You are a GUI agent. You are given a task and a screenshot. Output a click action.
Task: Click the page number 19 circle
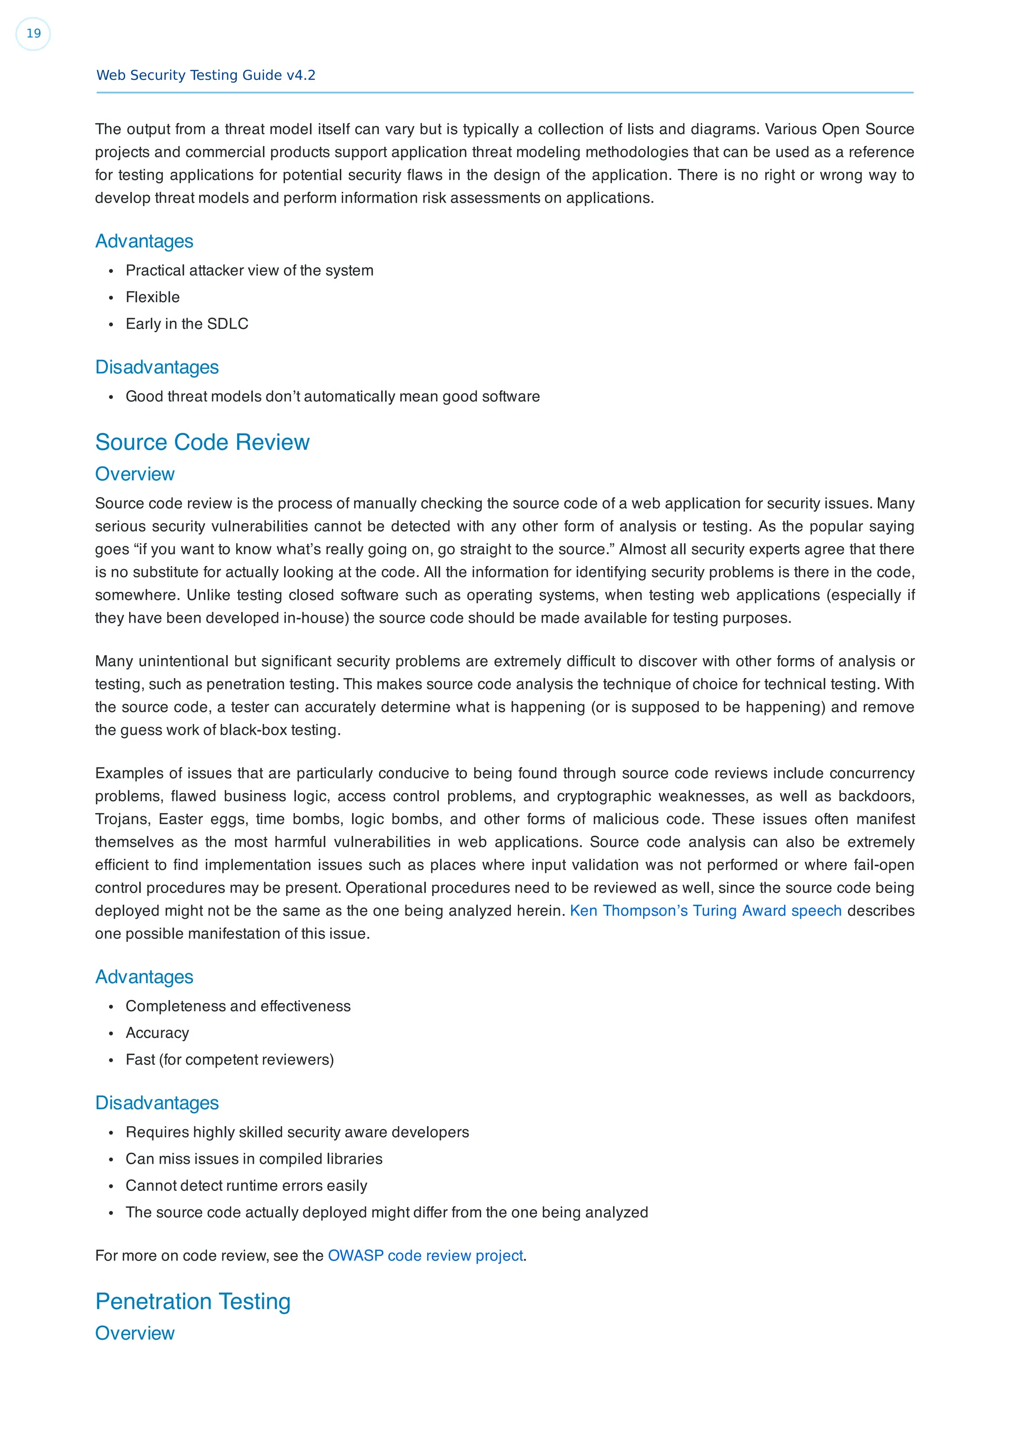(x=33, y=34)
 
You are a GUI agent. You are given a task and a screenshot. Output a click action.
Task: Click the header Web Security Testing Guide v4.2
(x=206, y=75)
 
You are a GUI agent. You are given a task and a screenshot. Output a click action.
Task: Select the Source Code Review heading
(x=202, y=442)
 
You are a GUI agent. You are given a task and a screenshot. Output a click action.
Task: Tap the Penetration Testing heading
(x=193, y=1301)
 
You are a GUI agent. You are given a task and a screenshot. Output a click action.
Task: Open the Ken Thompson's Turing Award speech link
(x=705, y=911)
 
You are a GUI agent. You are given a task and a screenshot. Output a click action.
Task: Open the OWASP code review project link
(x=425, y=1255)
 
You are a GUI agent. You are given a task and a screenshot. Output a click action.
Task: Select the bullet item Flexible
(x=152, y=297)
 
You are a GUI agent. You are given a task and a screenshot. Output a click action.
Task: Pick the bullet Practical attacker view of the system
(x=249, y=270)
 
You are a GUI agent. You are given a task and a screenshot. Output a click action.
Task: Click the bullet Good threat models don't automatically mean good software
(x=332, y=396)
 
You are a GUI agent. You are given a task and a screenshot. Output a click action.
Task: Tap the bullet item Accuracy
(x=157, y=1033)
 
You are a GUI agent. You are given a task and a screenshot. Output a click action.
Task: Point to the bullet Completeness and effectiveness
(x=238, y=1006)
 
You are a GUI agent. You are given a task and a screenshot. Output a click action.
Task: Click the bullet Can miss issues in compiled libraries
(x=254, y=1158)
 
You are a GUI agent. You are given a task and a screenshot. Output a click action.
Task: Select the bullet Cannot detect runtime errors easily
(x=246, y=1185)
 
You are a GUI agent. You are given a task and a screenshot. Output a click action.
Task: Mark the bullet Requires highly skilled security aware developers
(x=297, y=1132)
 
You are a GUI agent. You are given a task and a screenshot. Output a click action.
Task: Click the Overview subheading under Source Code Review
(x=135, y=474)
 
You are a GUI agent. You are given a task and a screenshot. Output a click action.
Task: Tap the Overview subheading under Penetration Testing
(x=135, y=1333)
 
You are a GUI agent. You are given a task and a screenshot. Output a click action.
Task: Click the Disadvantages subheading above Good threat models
(x=157, y=367)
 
